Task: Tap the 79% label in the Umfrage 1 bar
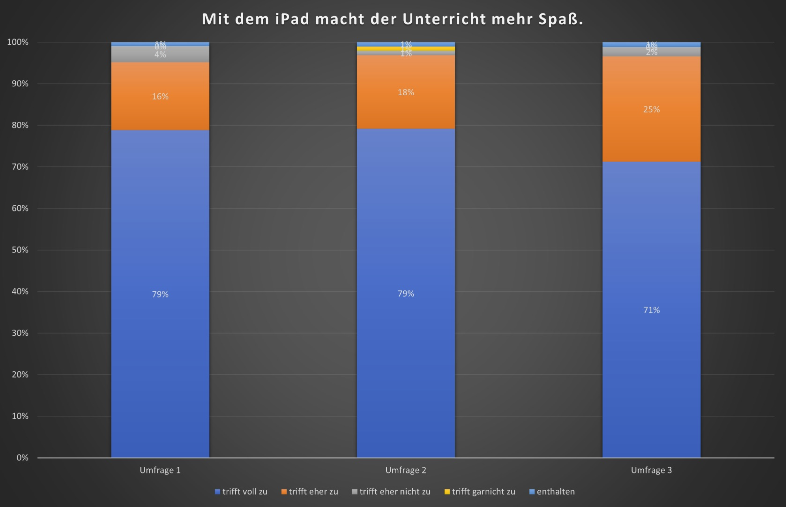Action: click(160, 294)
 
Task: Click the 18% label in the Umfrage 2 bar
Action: click(406, 92)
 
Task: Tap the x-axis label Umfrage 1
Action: click(160, 470)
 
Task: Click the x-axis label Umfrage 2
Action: click(406, 470)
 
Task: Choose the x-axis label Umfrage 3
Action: click(651, 470)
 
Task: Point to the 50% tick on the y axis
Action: click(20, 250)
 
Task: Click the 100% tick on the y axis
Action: click(18, 42)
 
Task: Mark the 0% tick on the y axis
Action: click(22, 458)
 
